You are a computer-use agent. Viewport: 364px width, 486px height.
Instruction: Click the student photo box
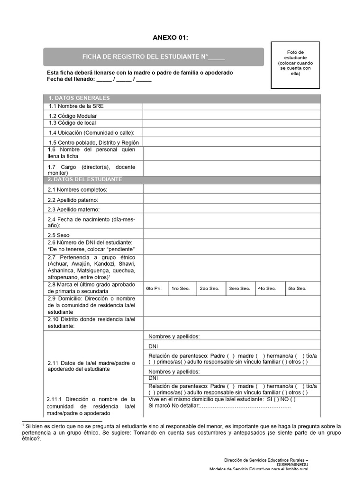(x=295, y=65)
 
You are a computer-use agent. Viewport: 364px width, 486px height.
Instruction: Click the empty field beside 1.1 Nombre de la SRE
(x=232, y=106)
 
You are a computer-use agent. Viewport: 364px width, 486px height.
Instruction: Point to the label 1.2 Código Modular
(x=73, y=116)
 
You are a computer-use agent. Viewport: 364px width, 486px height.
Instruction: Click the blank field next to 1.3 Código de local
(x=232, y=123)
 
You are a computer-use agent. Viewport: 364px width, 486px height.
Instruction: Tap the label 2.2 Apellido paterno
(x=73, y=200)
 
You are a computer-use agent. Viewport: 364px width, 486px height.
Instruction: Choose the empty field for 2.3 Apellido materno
(x=232, y=209)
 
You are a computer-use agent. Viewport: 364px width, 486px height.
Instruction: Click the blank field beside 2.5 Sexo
(x=232, y=234)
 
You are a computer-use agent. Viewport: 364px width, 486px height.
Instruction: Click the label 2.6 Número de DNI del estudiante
(x=90, y=243)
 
